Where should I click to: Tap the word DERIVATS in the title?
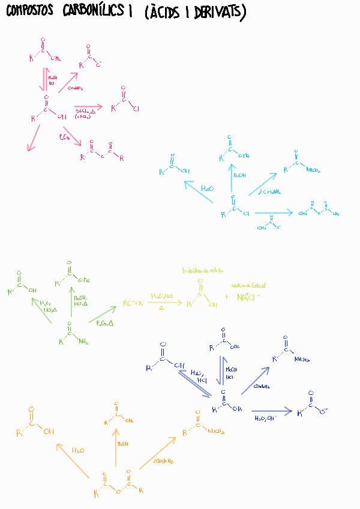tap(219, 13)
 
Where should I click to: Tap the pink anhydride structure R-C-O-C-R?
tap(102, 152)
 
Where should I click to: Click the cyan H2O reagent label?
tap(207, 188)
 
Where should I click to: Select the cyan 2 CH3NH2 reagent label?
tap(269, 192)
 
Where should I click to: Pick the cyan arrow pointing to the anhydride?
tap(274, 212)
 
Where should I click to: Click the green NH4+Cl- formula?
tap(247, 297)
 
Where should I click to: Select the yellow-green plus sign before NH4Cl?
tap(226, 297)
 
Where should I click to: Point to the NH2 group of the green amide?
tap(82, 342)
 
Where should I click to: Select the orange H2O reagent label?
tap(79, 450)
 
